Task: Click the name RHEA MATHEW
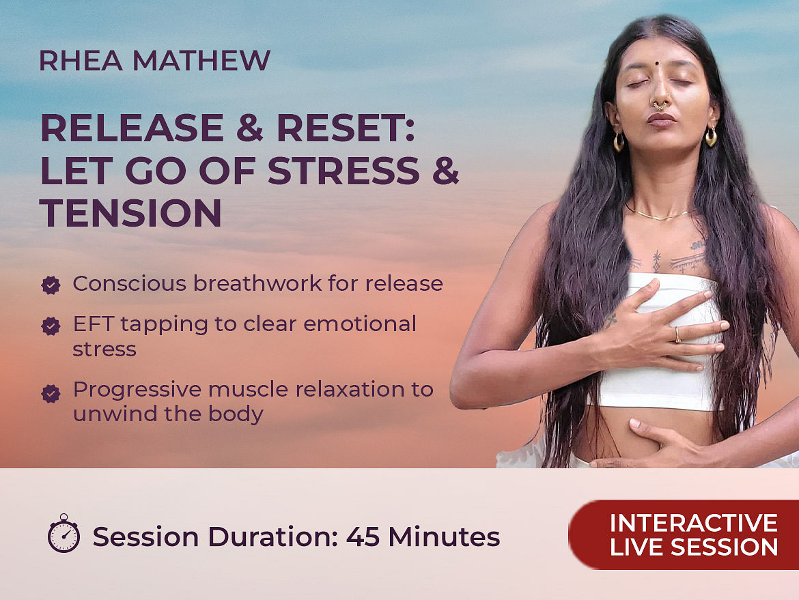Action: (x=154, y=61)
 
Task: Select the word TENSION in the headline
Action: (x=130, y=212)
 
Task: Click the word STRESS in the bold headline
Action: (x=344, y=170)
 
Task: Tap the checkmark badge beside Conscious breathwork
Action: (x=51, y=285)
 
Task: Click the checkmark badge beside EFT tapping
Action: (x=51, y=326)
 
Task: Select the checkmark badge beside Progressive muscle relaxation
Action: (x=51, y=393)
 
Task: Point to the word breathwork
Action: (x=257, y=284)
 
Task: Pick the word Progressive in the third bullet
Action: (x=137, y=390)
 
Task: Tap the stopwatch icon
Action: (x=64, y=533)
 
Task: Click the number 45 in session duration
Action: (x=363, y=537)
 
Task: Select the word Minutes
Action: (x=444, y=537)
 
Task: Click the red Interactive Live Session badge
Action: (x=684, y=534)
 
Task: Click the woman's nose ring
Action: (x=660, y=105)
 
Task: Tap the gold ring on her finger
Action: (x=677, y=334)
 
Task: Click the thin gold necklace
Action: (x=658, y=215)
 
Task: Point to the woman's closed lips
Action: (x=662, y=120)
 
